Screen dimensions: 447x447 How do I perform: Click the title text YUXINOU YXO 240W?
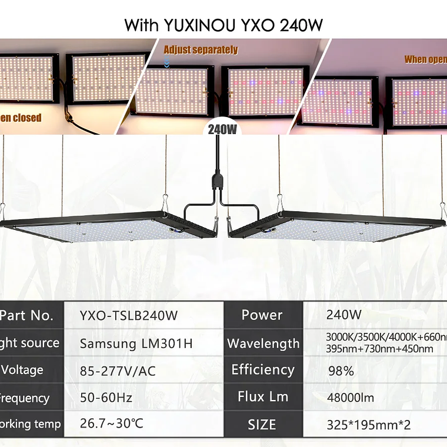pyautogui.click(x=223, y=25)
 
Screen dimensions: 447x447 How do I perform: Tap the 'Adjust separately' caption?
pyautogui.click(x=201, y=50)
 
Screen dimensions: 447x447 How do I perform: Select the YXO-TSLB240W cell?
pyautogui.click(x=128, y=315)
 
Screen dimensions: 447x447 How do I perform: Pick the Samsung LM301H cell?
pyautogui.click(x=136, y=343)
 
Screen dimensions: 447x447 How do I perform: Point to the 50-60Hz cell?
pyautogui.click(x=106, y=398)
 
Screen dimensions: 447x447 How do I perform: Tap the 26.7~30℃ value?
pyautogui.click(x=112, y=424)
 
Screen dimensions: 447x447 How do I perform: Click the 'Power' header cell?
pyautogui.click(x=262, y=315)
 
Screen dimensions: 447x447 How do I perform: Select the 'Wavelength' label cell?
pyautogui.click(x=263, y=343)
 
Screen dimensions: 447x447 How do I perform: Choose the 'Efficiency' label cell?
pyautogui.click(x=262, y=370)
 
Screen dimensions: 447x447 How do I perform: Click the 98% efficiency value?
pyautogui.click(x=341, y=371)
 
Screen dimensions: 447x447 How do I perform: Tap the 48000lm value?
pyautogui.click(x=351, y=398)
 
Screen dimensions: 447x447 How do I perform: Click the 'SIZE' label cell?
pyautogui.click(x=262, y=424)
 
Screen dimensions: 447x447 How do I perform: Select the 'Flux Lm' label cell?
pyautogui.click(x=263, y=397)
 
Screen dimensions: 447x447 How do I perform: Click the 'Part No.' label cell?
pyautogui.click(x=26, y=315)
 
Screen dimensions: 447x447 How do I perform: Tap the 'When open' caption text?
pyautogui.click(x=425, y=59)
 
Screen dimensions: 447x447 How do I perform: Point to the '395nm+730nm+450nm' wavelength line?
pyautogui.click(x=379, y=349)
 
